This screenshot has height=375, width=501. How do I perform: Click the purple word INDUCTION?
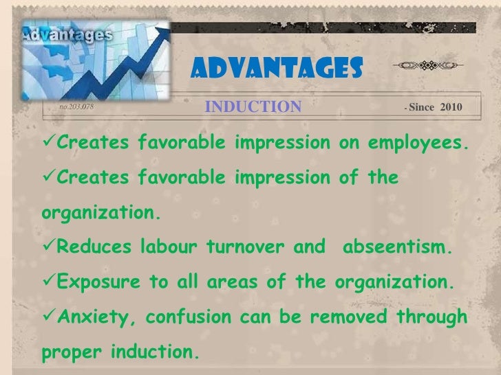click(x=253, y=106)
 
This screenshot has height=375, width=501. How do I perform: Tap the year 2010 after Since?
click(x=449, y=107)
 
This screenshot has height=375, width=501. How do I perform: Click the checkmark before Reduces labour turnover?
click(x=48, y=246)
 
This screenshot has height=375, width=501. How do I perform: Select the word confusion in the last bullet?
click(x=181, y=317)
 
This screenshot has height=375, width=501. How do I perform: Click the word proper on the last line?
click(x=67, y=352)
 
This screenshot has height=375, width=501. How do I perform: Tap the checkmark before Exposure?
click(x=48, y=280)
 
